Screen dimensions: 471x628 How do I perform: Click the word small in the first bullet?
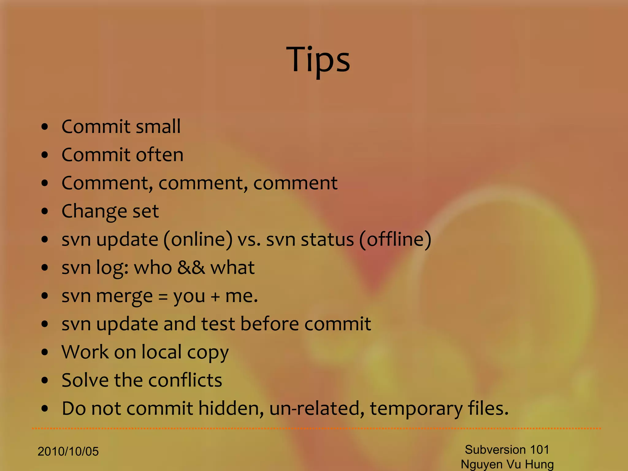158,126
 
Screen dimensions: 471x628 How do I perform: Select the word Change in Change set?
94,211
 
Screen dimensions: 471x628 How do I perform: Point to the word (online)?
198,239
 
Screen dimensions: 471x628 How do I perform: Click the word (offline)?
395,239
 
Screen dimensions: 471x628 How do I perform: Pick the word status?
327,239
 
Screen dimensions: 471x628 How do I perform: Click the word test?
218,324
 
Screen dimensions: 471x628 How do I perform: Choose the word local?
162,352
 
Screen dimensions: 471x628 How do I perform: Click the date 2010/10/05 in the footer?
68,451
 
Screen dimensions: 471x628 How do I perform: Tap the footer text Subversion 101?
507,450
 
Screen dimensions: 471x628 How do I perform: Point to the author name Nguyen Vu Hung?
507,464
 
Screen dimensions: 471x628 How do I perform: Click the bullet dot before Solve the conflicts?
45,381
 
